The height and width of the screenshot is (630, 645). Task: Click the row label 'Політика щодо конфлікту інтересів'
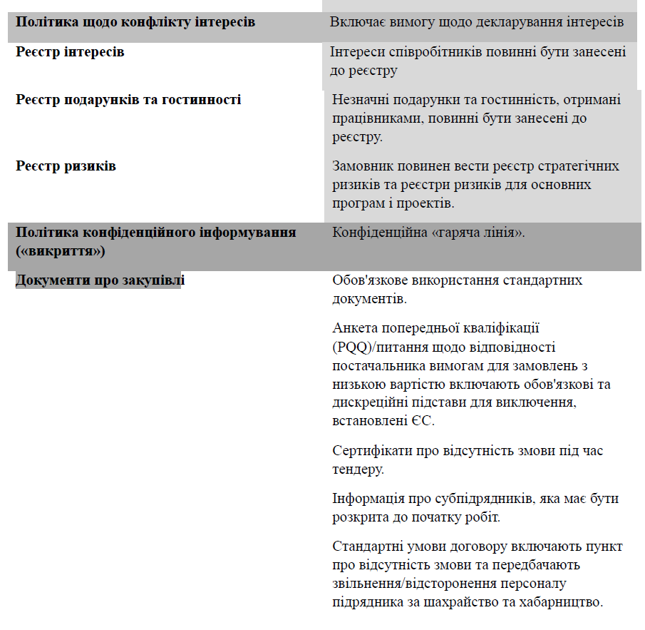(x=135, y=22)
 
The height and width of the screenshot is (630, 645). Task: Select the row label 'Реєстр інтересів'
(x=70, y=52)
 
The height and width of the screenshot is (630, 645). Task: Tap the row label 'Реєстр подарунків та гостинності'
(x=128, y=100)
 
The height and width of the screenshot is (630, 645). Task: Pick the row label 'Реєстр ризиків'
(x=66, y=166)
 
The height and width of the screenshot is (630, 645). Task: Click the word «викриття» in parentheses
(x=61, y=251)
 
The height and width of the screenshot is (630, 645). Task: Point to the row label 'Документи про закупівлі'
(x=99, y=280)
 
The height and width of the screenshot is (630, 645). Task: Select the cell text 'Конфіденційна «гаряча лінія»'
(x=428, y=233)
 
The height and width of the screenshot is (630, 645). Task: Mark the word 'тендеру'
(x=358, y=469)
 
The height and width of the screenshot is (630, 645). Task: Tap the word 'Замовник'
(x=362, y=166)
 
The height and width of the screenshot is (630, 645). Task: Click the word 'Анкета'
(x=354, y=329)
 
